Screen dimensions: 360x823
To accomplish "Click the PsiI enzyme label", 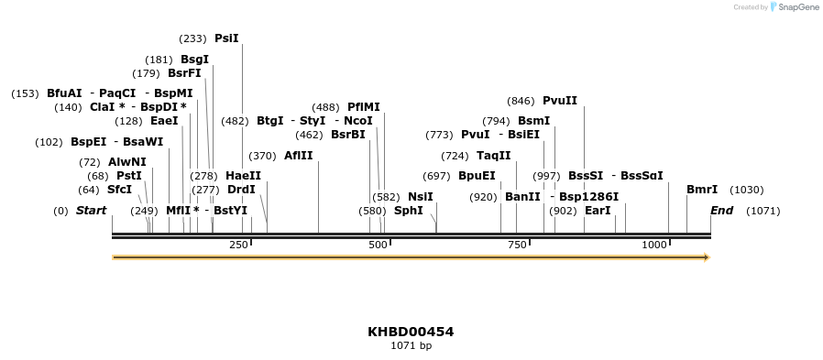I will (226, 38).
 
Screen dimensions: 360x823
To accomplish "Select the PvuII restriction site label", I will (560, 101).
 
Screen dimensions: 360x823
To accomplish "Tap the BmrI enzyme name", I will (702, 190).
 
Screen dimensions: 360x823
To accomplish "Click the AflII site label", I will (299, 155).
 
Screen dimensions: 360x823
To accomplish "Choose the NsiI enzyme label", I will (421, 196).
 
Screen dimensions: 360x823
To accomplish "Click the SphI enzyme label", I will (409, 211).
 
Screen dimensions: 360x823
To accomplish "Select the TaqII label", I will (493, 155).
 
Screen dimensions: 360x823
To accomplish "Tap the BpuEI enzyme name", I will (477, 176).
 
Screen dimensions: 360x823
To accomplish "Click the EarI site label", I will (598, 211).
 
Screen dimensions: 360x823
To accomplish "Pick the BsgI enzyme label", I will (194, 60).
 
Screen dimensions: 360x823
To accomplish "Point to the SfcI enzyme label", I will (120, 190).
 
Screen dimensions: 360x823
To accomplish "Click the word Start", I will (91, 211).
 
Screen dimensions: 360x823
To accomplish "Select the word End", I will (722, 211).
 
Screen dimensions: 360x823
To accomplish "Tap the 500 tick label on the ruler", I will (378, 245).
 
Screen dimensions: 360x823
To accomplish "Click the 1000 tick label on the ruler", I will (654, 245).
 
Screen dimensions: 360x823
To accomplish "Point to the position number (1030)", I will (746, 190).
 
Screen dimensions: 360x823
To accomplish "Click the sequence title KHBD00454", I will (411, 332).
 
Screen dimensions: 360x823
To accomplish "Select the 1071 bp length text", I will (411, 345).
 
